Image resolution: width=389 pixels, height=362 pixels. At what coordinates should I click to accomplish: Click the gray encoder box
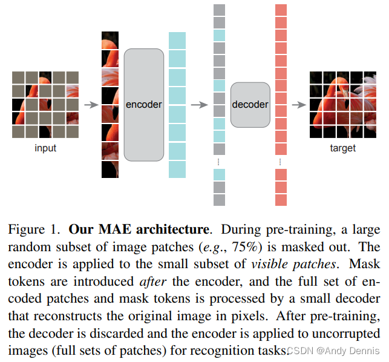click(x=144, y=104)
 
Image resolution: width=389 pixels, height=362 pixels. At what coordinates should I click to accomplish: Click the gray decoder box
click(x=250, y=104)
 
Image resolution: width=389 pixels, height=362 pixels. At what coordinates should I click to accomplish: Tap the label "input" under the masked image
click(x=45, y=148)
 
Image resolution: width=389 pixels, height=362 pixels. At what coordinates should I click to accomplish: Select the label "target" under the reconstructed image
click(x=342, y=148)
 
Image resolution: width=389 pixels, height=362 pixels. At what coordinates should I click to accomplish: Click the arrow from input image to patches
click(x=90, y=105)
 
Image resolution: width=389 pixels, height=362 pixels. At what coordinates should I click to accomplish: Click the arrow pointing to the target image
click(x=297, y=105)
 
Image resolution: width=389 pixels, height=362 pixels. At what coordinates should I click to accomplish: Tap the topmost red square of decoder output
click(x=281, y=10)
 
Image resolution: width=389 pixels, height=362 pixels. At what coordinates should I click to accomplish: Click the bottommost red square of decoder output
click(x=281, y=200)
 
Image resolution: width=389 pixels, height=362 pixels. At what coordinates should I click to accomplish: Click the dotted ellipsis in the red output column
click(x=281, y=162)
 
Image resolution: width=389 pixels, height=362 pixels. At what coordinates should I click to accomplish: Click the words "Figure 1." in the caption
click(x=34, y=231)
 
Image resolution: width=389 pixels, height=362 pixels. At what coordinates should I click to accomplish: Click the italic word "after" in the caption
click(x=154, y=281)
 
